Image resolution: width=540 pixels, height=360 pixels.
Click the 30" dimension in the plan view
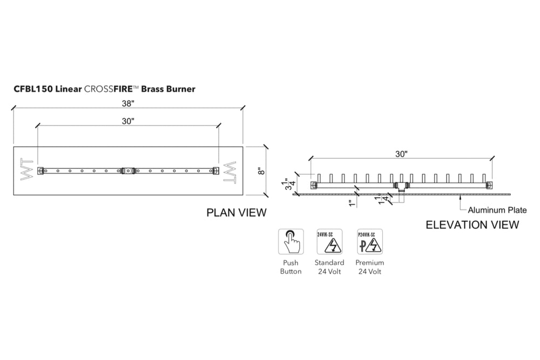tap(129, 122)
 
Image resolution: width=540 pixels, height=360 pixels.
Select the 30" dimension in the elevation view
tap(401, 154)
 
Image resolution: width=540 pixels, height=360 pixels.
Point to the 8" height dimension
tap(261, 171)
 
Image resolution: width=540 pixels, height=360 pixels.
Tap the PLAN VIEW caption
tap(237, 213)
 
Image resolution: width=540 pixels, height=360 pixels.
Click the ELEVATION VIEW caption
tap(473, 225)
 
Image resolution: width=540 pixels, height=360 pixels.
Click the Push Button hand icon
tap(291, 242)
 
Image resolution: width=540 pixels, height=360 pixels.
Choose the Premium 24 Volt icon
tap(370, 242)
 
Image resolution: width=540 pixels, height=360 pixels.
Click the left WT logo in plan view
tap(26, 171)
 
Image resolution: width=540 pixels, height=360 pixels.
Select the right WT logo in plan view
tap(230, 171)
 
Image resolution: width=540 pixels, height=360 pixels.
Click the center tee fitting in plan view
tap(128, 171)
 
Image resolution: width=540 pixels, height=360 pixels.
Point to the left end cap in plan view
tap(40, 171)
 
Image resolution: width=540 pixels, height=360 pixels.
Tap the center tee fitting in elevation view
tap(400, 186)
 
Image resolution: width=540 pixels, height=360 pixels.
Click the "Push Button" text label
tap(291, 267)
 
